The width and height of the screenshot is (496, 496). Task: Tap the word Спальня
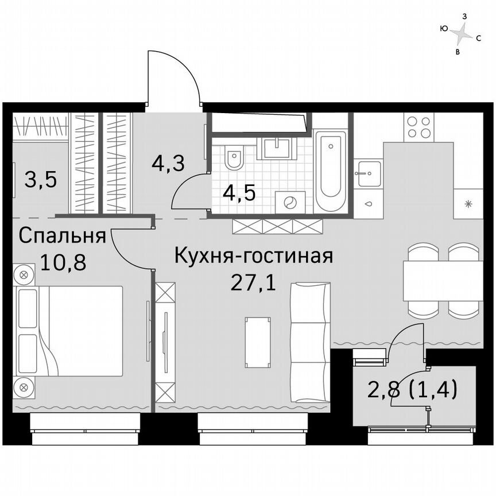tap(62, 235)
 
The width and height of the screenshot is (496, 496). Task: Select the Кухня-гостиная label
tap(253, 255)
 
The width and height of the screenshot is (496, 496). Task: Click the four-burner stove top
tap(418, 127)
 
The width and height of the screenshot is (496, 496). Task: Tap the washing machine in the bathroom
tap(290, 202)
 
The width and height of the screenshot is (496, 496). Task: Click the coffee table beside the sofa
tap(257, 343)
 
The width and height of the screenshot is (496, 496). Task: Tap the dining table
tap(442, 280)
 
